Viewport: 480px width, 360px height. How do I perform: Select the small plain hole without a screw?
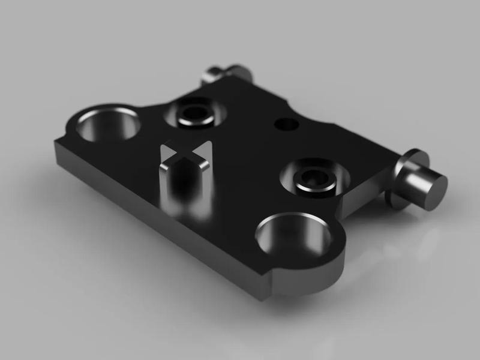pyautogui.click(x=286, y=124)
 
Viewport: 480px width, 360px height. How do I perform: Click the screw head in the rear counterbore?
pyautogui.click(x=196, y=113)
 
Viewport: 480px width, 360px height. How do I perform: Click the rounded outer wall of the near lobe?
pyautogui.click(x=324, y=276)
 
